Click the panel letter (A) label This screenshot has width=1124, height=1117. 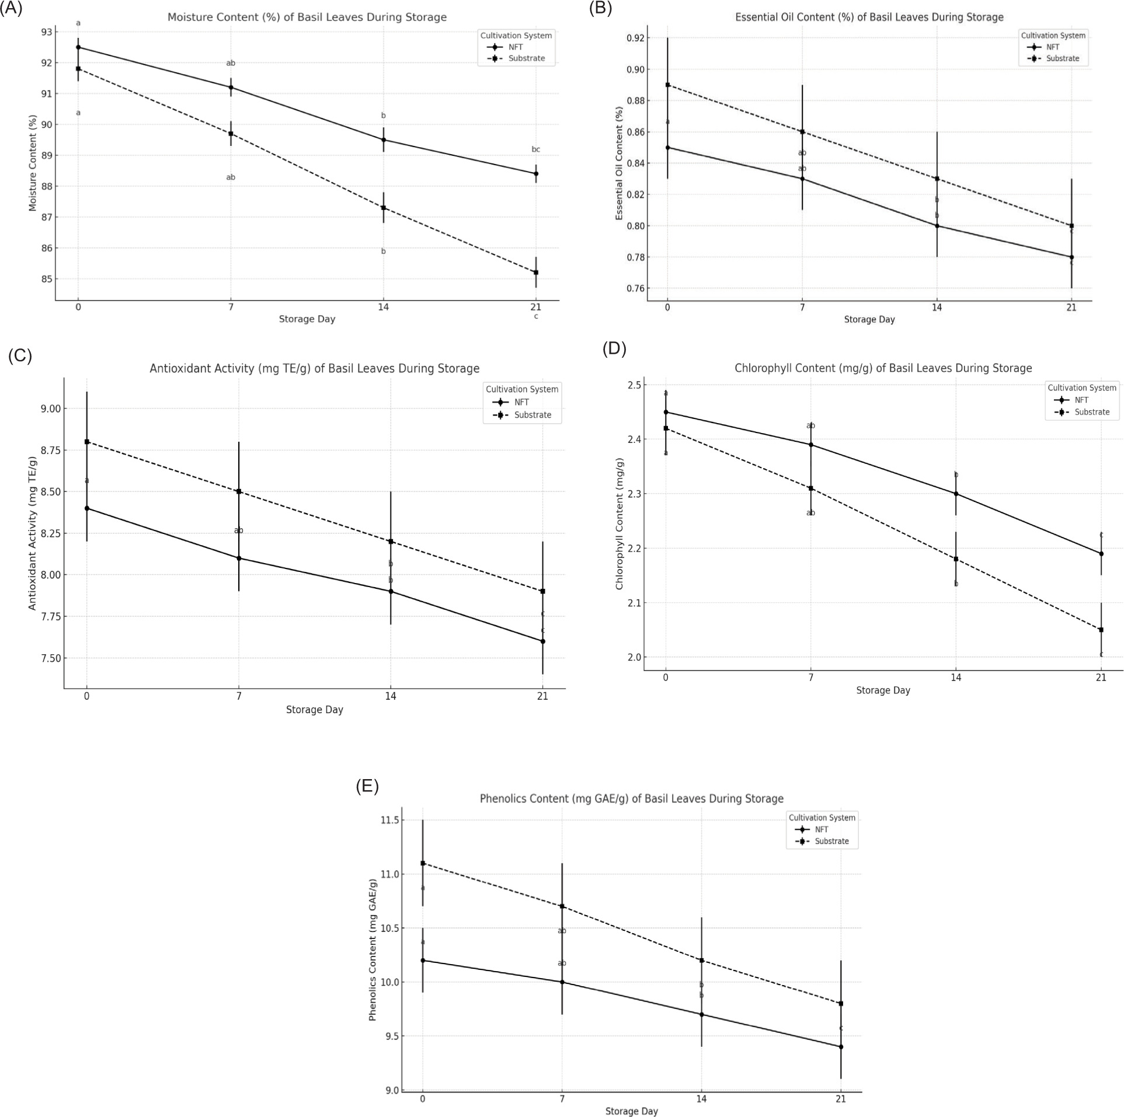click(x=11, y=9)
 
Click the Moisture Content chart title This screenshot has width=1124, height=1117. click(x=307, y=18)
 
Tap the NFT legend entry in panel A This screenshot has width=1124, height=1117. click(x=515, y=47)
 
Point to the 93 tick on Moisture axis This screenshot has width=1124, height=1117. click(x=46, y=32)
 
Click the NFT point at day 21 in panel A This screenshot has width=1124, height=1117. click(x=535, y=173)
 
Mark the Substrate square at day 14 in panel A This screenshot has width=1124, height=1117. click(x=384, y=208)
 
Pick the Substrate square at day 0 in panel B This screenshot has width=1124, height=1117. click(x=667, y=85)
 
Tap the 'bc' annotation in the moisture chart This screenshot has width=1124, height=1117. click(x=535, y=149)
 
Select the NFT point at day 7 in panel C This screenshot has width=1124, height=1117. click(x=239, y=558)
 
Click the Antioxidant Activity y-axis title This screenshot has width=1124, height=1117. click(x=33, y=533)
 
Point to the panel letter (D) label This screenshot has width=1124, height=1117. click(x=614, y=348)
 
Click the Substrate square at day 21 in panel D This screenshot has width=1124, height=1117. click(x=1101, y=630)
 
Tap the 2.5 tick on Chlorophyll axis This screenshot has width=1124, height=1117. click(x=634, y=385)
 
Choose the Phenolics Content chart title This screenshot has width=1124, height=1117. click(x=631, y=798)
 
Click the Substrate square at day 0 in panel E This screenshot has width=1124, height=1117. click(x=423, y=863)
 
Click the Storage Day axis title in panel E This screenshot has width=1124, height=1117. click(x=631, y=1111)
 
